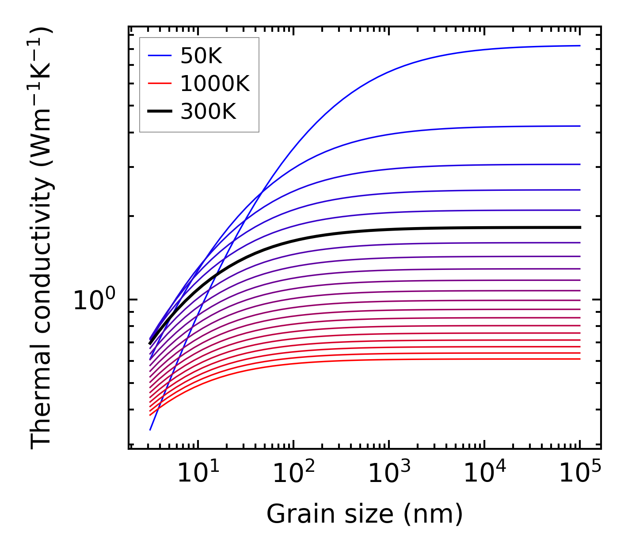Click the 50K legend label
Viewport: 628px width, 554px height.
click(x=201, y=56)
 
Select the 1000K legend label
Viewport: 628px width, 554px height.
click(x=215, y=83)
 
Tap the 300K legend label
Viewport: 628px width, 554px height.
click(x=208, y=112)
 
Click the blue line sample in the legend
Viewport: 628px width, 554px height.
click(x=159, y=56)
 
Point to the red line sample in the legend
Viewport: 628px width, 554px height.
click(x=159, y=83)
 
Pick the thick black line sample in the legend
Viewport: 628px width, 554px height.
click(x=159, y=112)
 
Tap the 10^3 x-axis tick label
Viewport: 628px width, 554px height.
click(x=389, y=474)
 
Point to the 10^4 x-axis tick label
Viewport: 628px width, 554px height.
click(x=484, y=474)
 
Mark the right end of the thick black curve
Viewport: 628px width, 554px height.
click(x=580, y=228)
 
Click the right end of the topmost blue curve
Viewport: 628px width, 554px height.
click(x=580, y=46)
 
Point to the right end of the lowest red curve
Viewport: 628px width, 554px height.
click(x=580, y=359)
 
